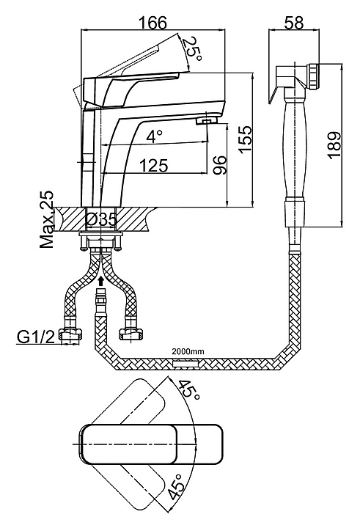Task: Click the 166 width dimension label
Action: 153,22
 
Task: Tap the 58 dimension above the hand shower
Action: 294,22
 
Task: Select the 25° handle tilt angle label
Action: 192,50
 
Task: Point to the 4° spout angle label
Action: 155,136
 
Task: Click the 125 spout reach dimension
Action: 153,165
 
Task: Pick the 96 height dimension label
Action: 219,165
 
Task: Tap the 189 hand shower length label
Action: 334,145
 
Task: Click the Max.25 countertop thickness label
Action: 47,219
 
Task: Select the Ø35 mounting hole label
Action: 101,220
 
